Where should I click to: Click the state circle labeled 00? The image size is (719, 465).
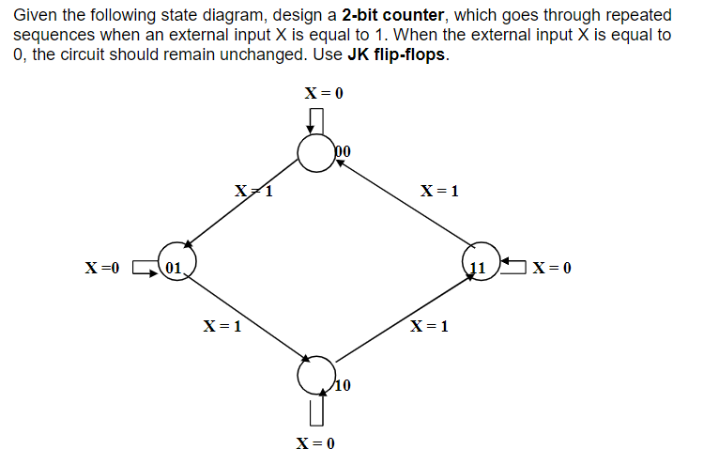point(316,152)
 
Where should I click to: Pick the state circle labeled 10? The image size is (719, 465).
point(316,376)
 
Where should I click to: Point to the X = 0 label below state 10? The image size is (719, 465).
point(315,442)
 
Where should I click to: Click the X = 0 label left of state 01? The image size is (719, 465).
point(103,269)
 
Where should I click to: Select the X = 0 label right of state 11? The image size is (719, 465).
point(552,269)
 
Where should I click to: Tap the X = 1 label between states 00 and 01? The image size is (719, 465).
point(253,193)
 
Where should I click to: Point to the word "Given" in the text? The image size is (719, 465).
point(35,16)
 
